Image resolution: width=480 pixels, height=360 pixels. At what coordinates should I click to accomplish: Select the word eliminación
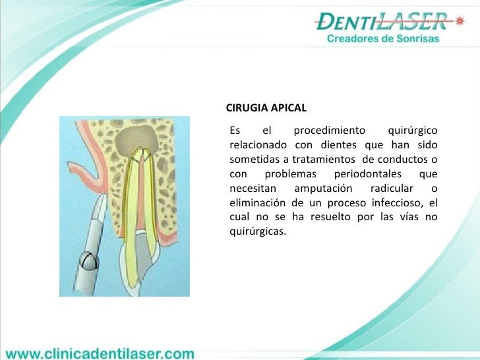coord(258,202)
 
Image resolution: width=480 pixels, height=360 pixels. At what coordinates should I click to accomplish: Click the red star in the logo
coord(460,22)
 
